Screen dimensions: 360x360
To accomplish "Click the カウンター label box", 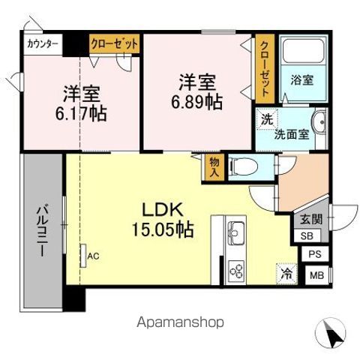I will [43, 44].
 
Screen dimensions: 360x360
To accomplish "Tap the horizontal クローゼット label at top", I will [115, 44].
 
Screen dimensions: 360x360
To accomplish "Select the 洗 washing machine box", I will [265, 118].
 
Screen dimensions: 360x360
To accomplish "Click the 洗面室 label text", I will [291, 136].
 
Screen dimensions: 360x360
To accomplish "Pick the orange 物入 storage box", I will [213, 166].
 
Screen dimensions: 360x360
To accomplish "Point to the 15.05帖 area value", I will [162, 229].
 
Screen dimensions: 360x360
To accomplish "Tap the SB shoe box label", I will [307, 235].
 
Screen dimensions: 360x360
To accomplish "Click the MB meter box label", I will [316, 275].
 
